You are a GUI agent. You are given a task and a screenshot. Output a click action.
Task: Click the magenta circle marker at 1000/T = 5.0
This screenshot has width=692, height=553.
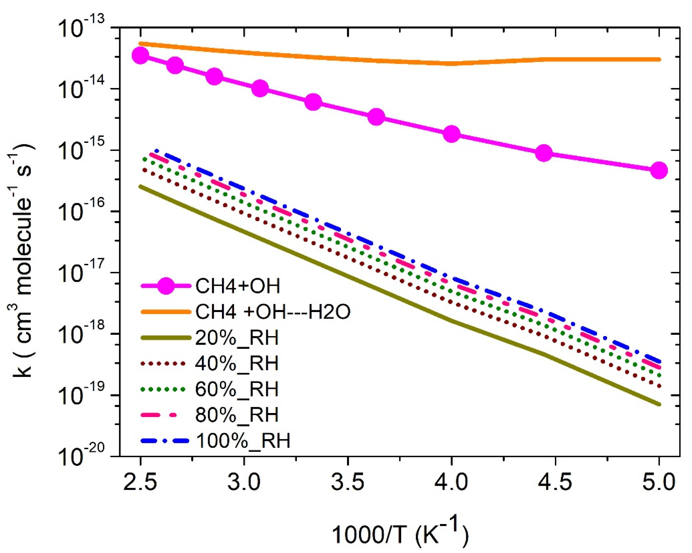659,171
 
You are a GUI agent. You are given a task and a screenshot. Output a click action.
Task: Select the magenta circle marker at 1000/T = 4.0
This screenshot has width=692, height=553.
451,134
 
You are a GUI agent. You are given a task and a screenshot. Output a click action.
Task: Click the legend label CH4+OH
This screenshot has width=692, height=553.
238,286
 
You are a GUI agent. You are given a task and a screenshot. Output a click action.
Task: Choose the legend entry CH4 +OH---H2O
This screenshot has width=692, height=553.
273,312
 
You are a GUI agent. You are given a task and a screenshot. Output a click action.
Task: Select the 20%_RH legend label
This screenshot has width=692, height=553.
237,338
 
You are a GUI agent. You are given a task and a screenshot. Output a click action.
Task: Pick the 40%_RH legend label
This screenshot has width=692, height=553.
237,364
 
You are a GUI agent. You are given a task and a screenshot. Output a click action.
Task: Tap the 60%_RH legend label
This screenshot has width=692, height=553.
237,389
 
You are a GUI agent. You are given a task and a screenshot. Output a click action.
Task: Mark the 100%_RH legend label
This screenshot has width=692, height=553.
243,440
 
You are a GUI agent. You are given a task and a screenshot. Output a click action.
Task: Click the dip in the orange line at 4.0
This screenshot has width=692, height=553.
451,63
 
